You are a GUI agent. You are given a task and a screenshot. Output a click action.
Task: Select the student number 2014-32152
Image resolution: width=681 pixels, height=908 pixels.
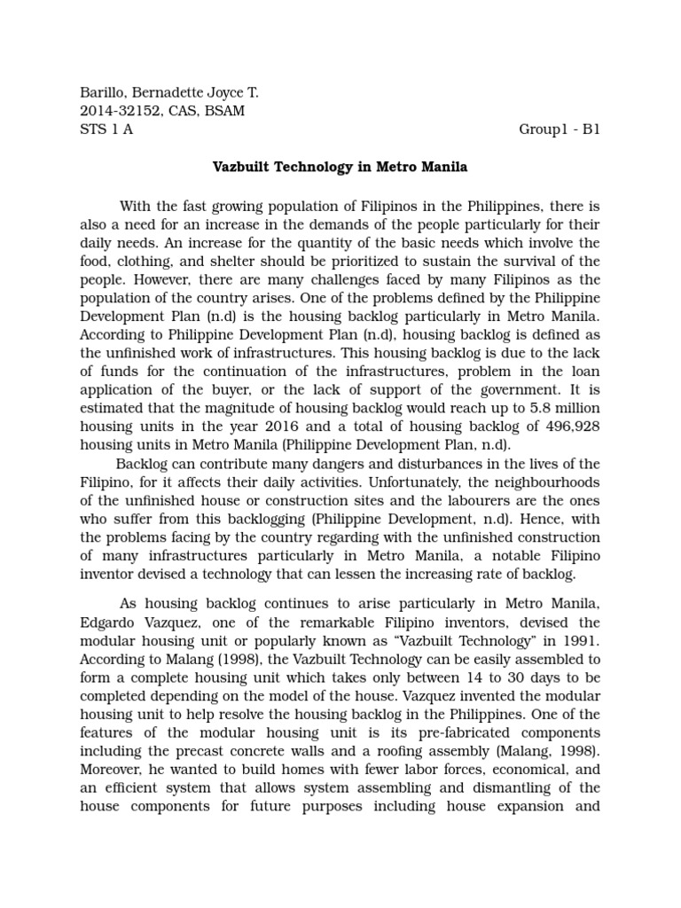pyautogui.click(x=119, y=111)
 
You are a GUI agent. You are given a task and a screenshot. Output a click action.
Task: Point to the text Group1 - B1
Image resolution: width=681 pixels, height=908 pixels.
pyautogui.click(x=560, y=129)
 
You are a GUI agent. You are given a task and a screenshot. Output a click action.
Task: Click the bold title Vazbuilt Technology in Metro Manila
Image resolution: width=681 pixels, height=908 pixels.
pyautogui.click(x=340, y=166)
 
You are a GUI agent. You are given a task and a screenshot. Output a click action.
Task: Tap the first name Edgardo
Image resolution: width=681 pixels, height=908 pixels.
pyautogui.click(x=110, y=622)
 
